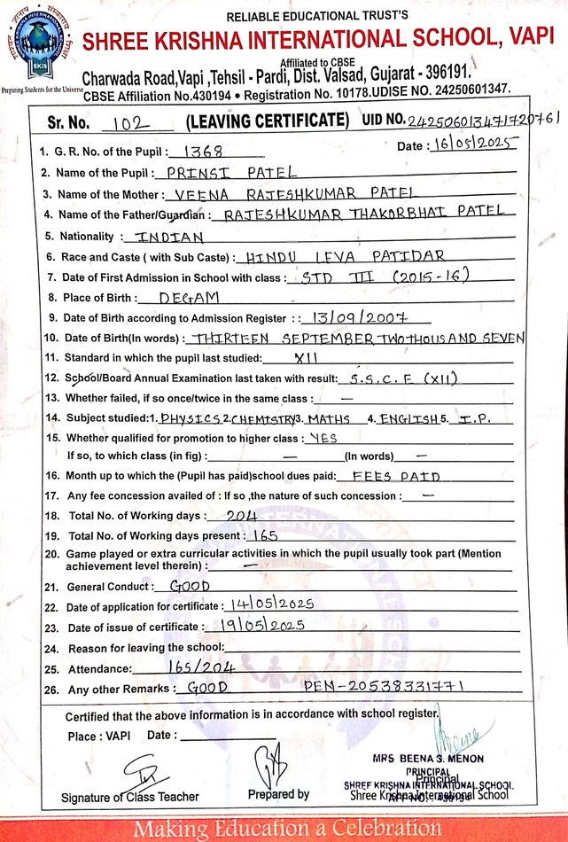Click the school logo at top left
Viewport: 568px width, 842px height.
38,40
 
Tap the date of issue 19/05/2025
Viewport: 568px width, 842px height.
261,625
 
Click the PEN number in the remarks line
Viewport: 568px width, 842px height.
383,687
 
